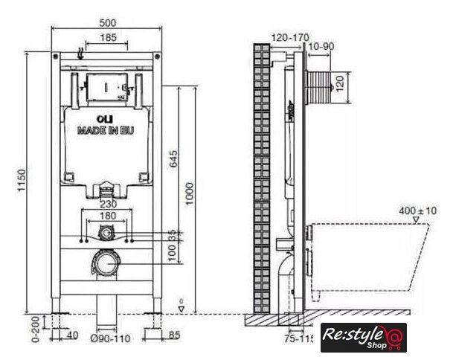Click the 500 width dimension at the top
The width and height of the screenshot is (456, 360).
[107, 22]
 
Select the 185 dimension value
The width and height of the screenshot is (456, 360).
[108, 37]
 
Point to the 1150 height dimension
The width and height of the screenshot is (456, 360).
[22, 180]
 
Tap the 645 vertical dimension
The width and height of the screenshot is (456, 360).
[173, 158]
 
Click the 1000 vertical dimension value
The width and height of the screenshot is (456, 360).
[190, 194]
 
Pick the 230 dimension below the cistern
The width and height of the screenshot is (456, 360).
[109, 204]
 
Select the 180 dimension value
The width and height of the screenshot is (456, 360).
[108, 216]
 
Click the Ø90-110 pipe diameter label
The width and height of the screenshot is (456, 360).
[110, 338]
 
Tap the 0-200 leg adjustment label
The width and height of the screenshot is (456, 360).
[35, 330]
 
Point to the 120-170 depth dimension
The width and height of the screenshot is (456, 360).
[290, 37]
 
